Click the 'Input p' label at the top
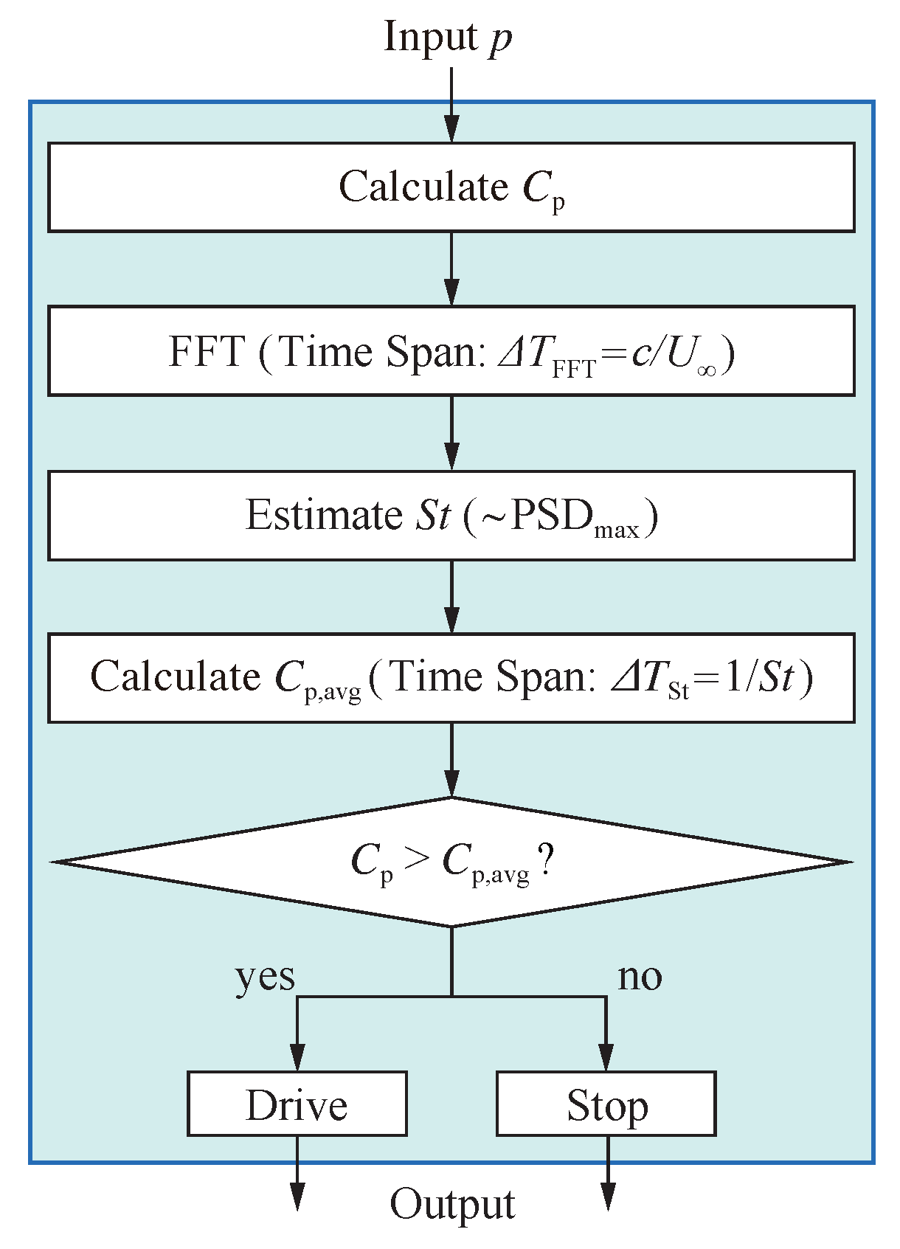tap(448, 38)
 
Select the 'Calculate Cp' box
tap(451, 187)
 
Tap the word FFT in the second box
tap(207, 351)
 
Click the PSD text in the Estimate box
tap(552, 515)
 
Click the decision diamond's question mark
tap(546, 860)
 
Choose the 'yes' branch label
tap(265, 978)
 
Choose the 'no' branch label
tap(640, 976)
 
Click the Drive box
tap(297, 1104)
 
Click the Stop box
tap(606, 1104)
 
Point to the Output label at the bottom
tap(451, 1204)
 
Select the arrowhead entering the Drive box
tap(297, 1057)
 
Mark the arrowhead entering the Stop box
tap(606, 1057)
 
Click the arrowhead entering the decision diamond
tap(451, 783)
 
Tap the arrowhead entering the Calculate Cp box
tap(451, 129)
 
